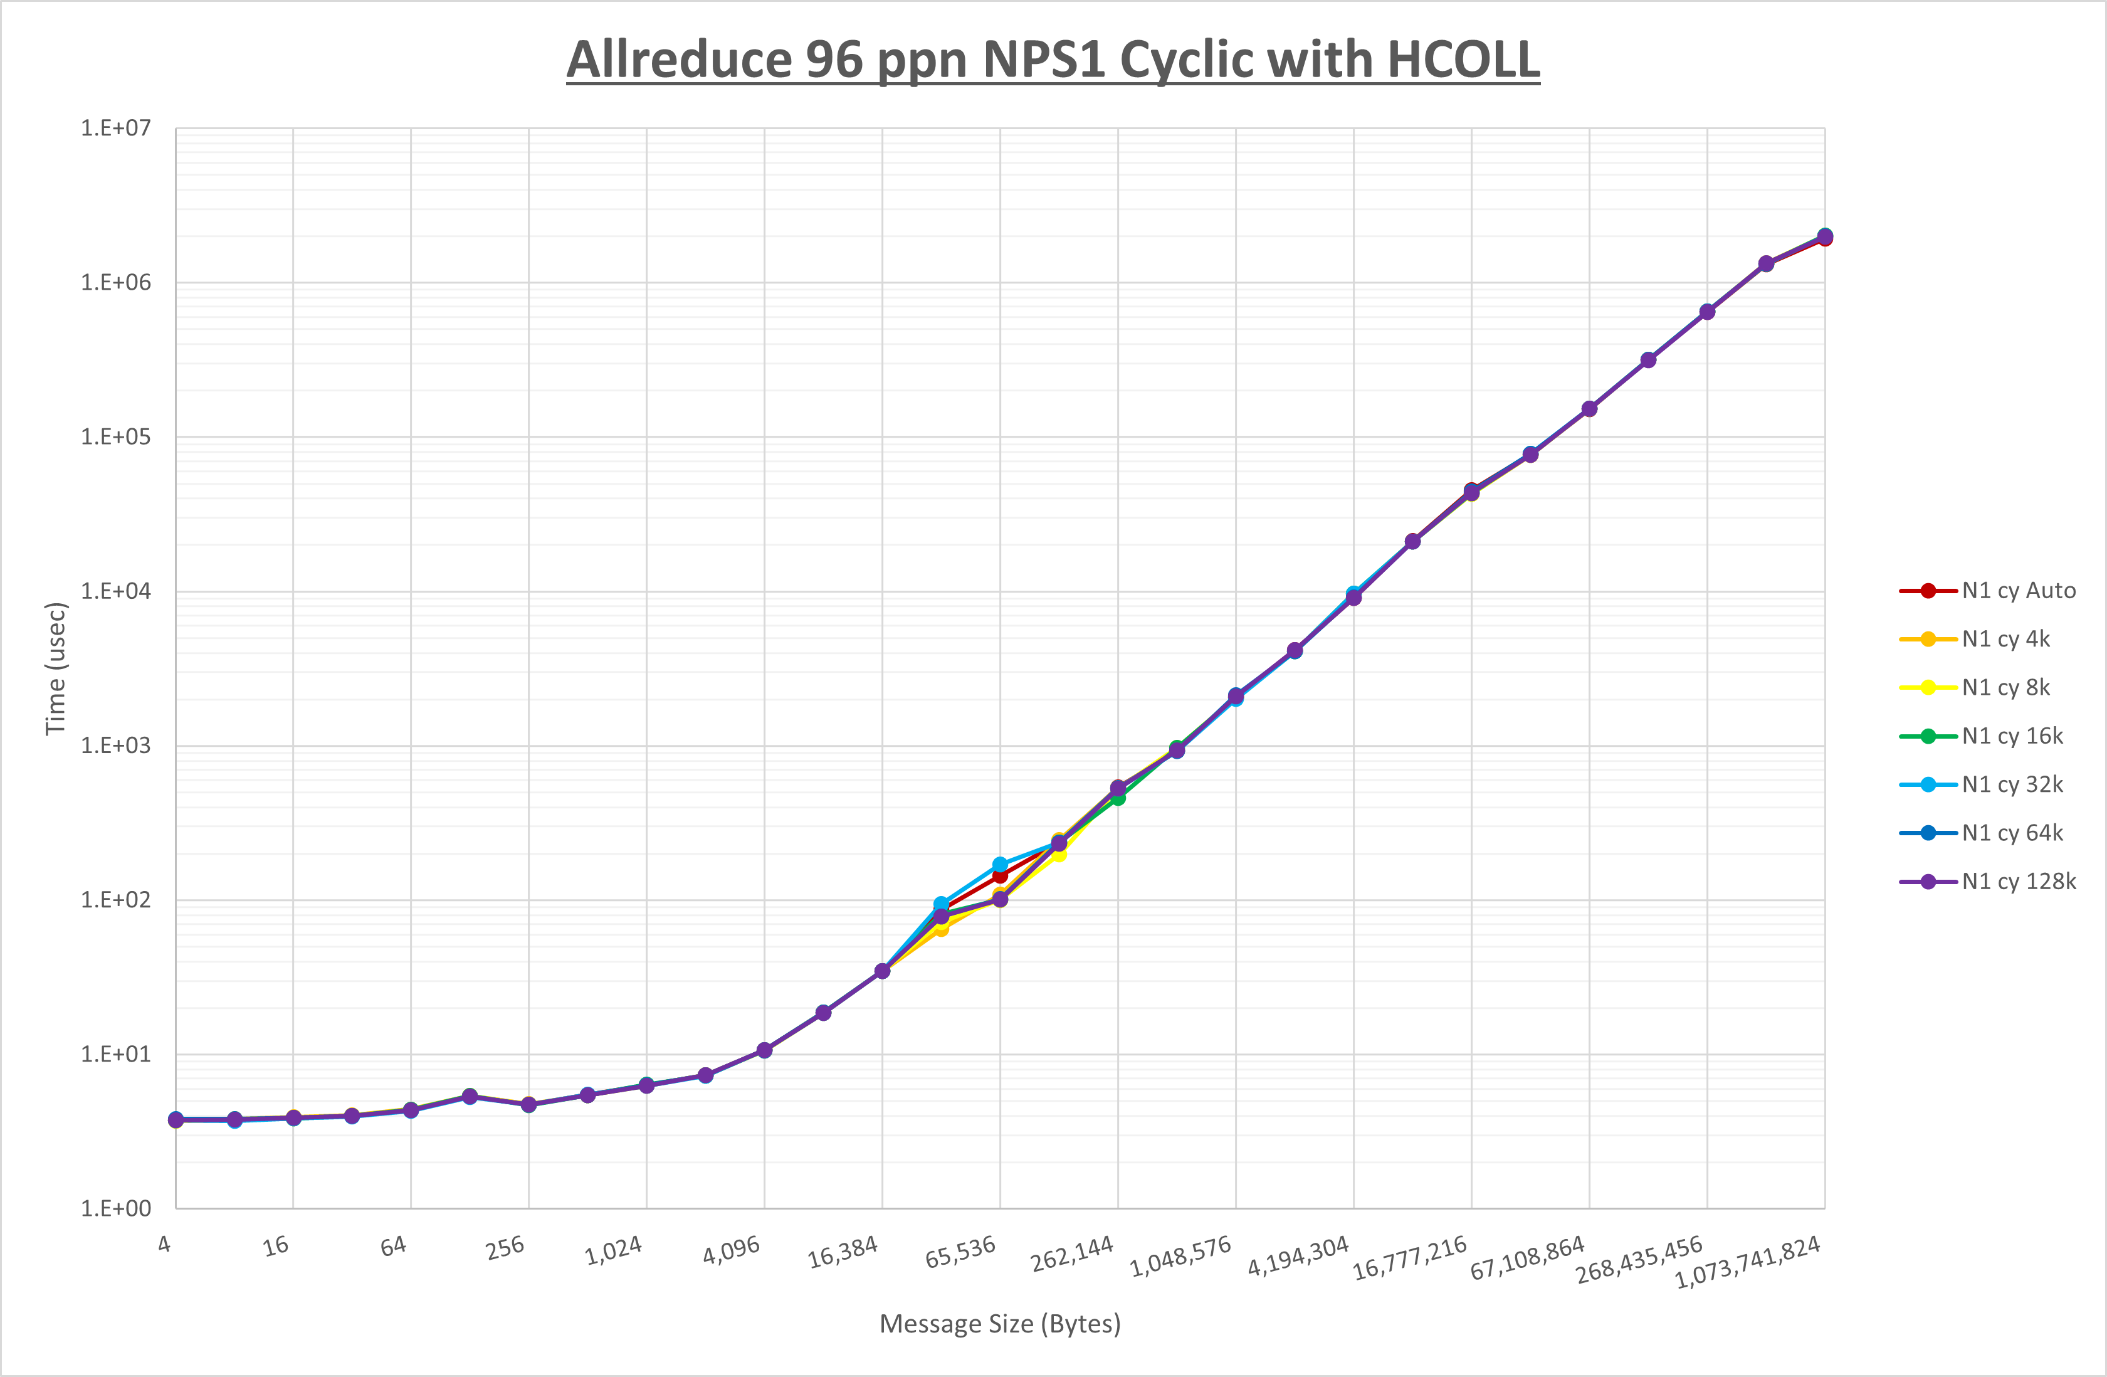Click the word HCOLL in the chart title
pyautogui.click(x=1463, y=60)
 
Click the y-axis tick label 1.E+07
pyautogui.click(x=116, y=129)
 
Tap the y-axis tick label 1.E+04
pyautogui.click(x=116, y=591)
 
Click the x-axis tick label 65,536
pyautogui.click(x=960, y=1252)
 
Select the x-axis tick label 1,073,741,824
pyautogui.click(x=1748, y=1262)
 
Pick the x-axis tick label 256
pyautogui.click(x=505, y=1248)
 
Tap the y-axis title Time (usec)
pyautogui.click(x=56, y=668)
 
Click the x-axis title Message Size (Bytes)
pyautogui.click(x=999, y=1324)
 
